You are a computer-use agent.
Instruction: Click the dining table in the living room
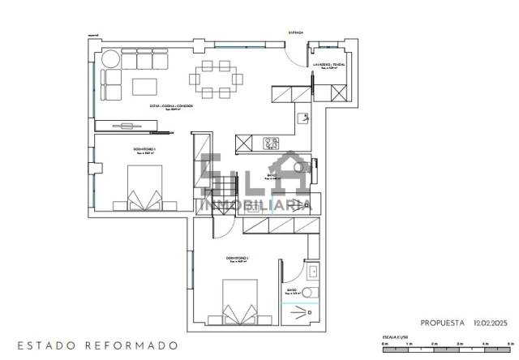tap(217, 79)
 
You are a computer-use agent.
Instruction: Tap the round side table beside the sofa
tap(109, 59)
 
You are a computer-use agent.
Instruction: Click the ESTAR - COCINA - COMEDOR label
tap(171, 106)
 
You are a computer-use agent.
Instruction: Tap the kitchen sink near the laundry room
tap(302, 118)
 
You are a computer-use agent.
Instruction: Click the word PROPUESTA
tap(443, 322)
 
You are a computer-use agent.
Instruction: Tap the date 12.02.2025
tap(489, 322)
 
